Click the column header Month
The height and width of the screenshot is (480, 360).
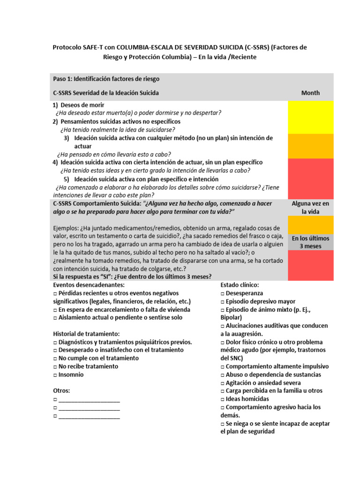[310, 93]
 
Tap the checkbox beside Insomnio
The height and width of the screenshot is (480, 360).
[55, 375]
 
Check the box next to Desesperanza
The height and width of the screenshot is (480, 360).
[223, 293]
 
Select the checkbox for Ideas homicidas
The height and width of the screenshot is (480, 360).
[223, 399]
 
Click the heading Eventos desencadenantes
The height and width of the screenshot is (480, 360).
[89, 285]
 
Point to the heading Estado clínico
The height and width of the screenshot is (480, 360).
[239, 285]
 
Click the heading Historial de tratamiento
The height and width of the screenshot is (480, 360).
[86, 334]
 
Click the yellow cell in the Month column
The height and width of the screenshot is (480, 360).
[310, 117]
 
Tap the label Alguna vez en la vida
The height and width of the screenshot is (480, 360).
[310, 207]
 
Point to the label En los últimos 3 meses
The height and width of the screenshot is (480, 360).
[310, 242]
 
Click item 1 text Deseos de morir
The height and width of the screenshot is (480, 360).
[82, 105]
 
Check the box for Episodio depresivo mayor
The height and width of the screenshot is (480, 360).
[223, 301]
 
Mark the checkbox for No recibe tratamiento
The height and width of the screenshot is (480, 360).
[55, 367]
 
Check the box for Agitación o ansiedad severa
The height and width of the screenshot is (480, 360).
[223, 382]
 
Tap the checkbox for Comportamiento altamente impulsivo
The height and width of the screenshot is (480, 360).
[223, 367]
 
